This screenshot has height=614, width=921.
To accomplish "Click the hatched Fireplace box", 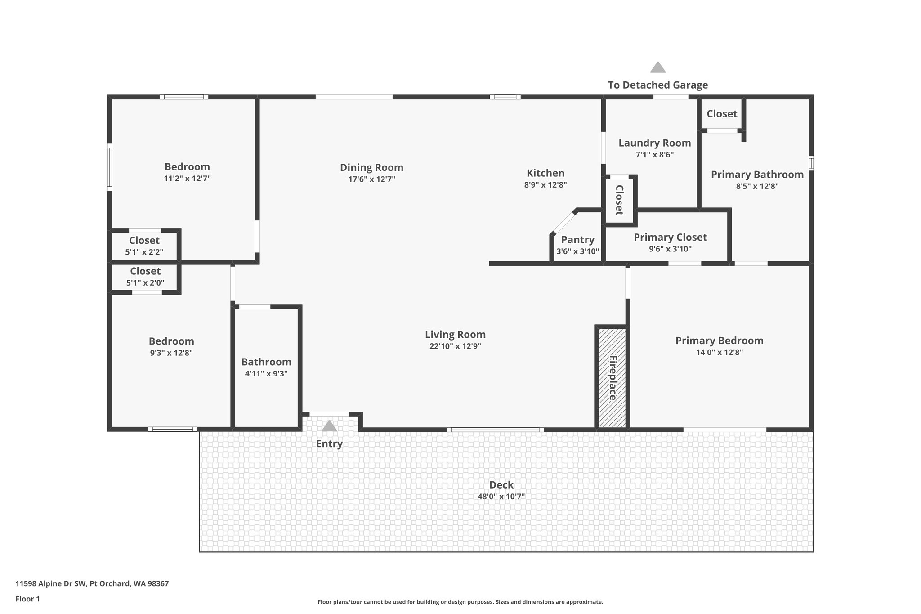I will (612, 377).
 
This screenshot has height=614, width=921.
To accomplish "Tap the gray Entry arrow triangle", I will (329, 426).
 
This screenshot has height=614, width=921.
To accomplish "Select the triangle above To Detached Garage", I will (657, 67).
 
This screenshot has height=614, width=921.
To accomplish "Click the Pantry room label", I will (577, 240).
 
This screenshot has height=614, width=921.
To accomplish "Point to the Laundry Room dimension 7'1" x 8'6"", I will (654, 155).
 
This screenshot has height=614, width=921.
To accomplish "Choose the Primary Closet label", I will (670, 237).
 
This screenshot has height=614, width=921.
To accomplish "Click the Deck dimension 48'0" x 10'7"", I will (501, 497).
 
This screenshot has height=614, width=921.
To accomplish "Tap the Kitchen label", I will (545, 173).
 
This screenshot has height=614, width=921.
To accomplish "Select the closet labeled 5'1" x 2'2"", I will (144, 246).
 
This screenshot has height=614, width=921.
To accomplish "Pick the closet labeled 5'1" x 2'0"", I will (145, 277).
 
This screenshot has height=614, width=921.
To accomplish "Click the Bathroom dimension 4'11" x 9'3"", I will (266, 373).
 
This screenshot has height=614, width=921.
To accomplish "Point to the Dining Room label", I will (371, 167).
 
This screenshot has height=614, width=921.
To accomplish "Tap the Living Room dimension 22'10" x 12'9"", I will (455, 346).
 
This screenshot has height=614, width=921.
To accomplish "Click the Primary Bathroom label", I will (757, 175).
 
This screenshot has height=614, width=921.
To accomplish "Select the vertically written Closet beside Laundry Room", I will (619, 200).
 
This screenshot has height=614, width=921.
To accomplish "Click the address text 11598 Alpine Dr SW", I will (51, 584).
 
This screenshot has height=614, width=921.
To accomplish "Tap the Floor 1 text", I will (27, 599).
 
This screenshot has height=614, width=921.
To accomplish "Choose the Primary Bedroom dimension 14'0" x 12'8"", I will (719, 352).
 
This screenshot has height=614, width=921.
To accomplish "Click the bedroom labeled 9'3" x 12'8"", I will (171, 346).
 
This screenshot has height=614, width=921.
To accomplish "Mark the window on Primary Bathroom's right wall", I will (811, 163).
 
